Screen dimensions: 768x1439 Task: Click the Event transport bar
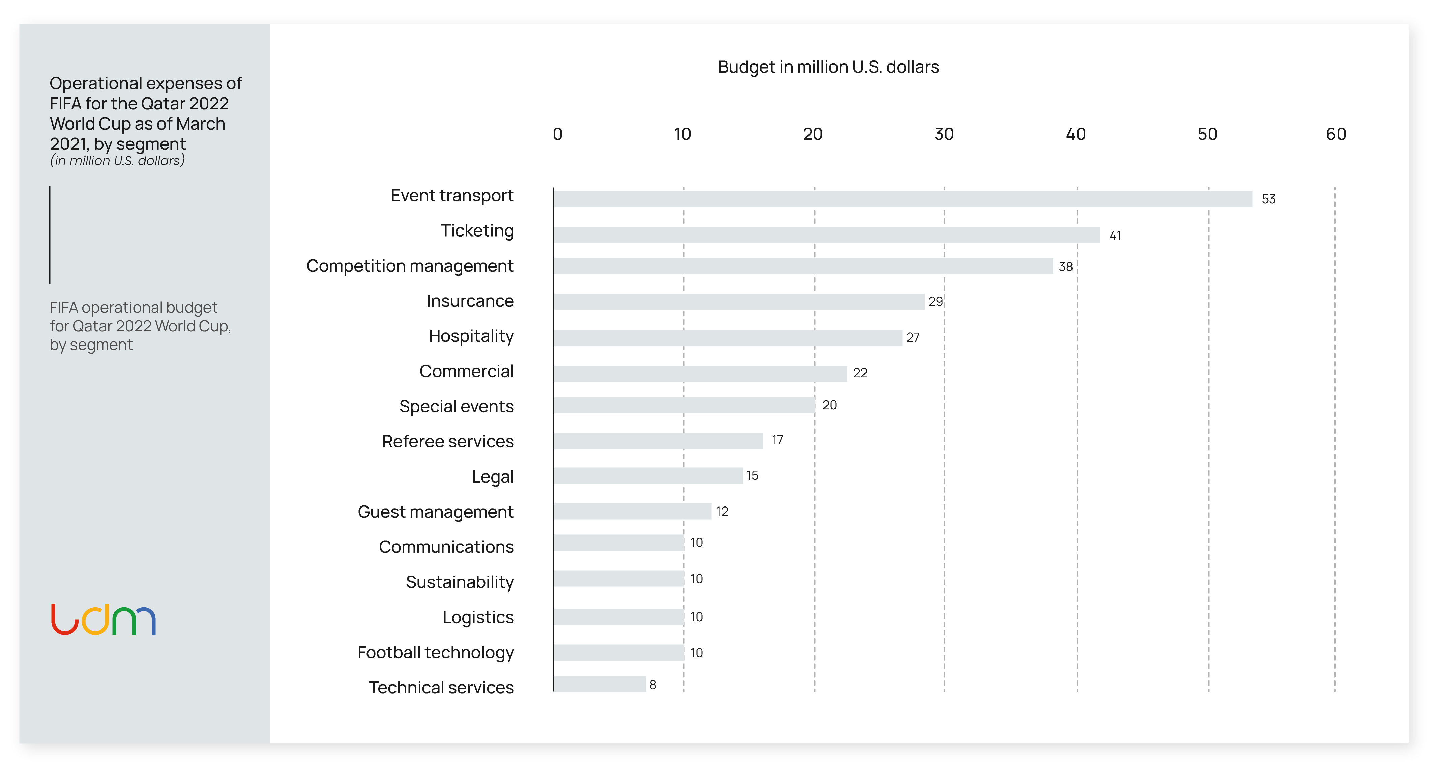click(902, 199)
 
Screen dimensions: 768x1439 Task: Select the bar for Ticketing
click(827, 235)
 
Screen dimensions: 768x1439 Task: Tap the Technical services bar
click(599, 684)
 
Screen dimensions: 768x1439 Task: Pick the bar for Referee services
click(658, 441)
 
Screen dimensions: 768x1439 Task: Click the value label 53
click(1268, 199)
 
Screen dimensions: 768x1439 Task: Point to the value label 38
click(1065, 267)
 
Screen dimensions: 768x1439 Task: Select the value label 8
click(652, 685)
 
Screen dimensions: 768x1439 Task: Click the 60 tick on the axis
click(1335, 134)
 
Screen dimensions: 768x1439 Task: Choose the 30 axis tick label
click(944, 134)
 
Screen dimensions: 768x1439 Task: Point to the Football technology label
click(435, 652)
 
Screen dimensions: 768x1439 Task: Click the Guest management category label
click(435, 512)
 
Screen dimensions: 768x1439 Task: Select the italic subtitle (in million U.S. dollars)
click(117, 161)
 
